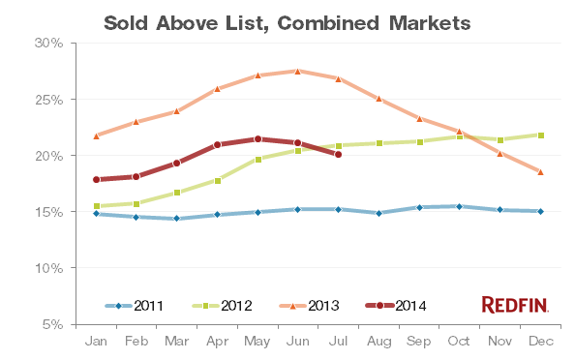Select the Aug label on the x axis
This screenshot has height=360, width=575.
click(x=378, y=341)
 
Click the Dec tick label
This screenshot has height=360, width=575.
click(x=540, y=341)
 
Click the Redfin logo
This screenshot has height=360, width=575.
click(x=514, y=305)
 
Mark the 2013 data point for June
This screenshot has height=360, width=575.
click(x=297, y=71)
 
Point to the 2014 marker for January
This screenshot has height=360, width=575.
click(x=96, y=179)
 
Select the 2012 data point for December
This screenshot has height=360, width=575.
click(x=540, y=135)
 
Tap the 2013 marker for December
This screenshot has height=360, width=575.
click(x=540, y=171)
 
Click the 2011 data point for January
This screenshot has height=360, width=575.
click(x=96, y=214)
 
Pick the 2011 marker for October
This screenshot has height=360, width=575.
click(x=459, y=206)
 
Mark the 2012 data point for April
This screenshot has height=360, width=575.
click(x=217, y=180)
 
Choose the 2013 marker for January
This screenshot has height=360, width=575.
click(x=96, y=135)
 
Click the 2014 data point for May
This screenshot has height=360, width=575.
click(x=257, y=138)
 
